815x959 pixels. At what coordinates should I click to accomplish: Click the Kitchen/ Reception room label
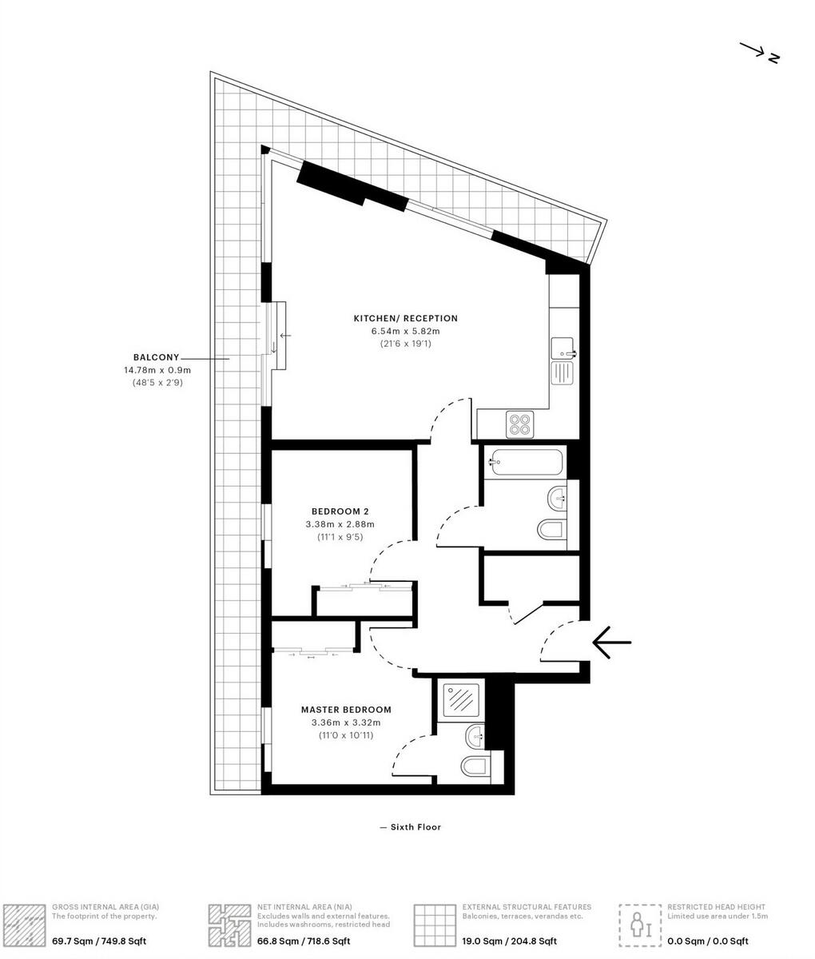405,318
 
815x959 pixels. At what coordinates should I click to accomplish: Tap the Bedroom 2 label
340,511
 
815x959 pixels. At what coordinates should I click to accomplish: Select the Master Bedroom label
346,709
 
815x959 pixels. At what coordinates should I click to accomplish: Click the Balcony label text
157,357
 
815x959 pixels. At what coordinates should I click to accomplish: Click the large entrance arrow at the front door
612,642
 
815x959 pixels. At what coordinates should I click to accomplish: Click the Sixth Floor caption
411,827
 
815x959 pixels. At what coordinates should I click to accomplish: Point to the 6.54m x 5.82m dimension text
405,331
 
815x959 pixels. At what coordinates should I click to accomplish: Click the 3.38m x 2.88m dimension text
340,524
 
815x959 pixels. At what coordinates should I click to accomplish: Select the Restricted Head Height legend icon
640,925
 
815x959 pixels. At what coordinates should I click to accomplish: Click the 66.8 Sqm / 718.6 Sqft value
304,941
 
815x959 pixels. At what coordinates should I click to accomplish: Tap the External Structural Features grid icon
435,925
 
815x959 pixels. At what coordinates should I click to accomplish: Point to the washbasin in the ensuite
475,734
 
